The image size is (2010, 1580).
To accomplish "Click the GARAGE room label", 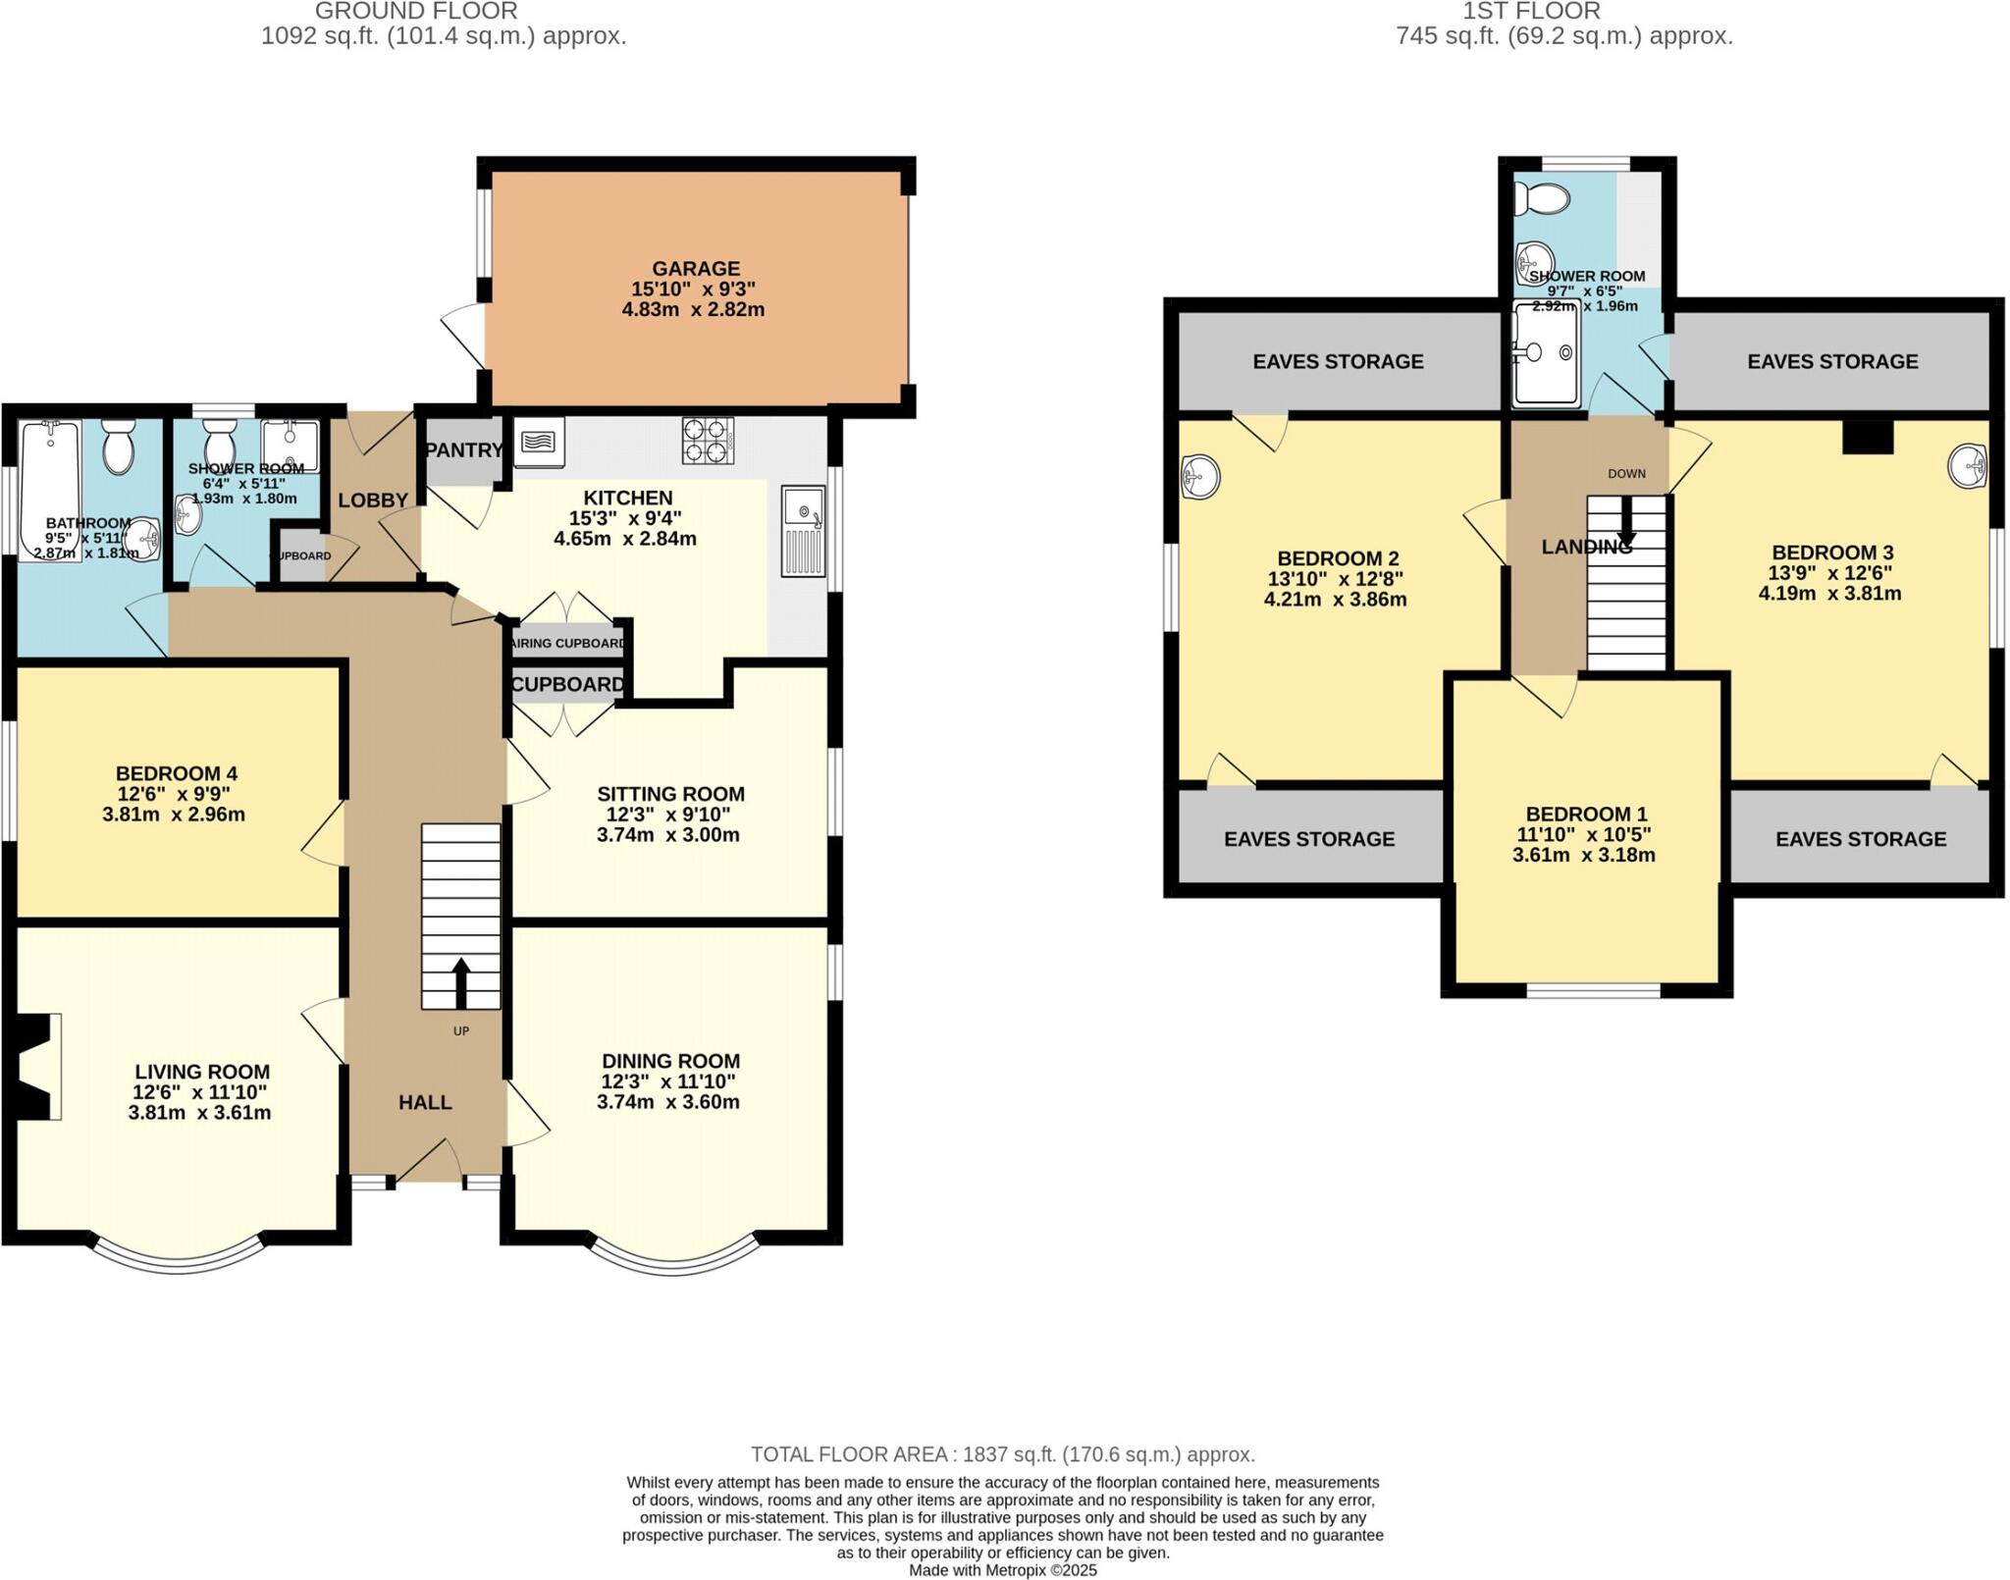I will [696, 269].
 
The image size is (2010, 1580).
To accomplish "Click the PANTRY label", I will [463, 450].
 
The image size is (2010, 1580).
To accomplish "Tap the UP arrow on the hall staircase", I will [459, 981].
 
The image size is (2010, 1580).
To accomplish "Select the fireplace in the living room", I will [39, 1066].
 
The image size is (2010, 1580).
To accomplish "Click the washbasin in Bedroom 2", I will [1200, 477].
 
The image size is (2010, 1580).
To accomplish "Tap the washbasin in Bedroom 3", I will [1967, 465].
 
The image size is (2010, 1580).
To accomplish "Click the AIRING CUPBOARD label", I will [568, 644].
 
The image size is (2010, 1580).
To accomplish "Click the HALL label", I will [425, 1102].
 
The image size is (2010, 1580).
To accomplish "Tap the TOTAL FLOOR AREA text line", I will [1003, 1454].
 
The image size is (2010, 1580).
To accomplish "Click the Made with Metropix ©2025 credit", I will [1003, 1570].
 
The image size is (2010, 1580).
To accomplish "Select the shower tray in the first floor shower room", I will [1546, 354].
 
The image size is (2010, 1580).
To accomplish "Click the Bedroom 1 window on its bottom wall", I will [1593, 991].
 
